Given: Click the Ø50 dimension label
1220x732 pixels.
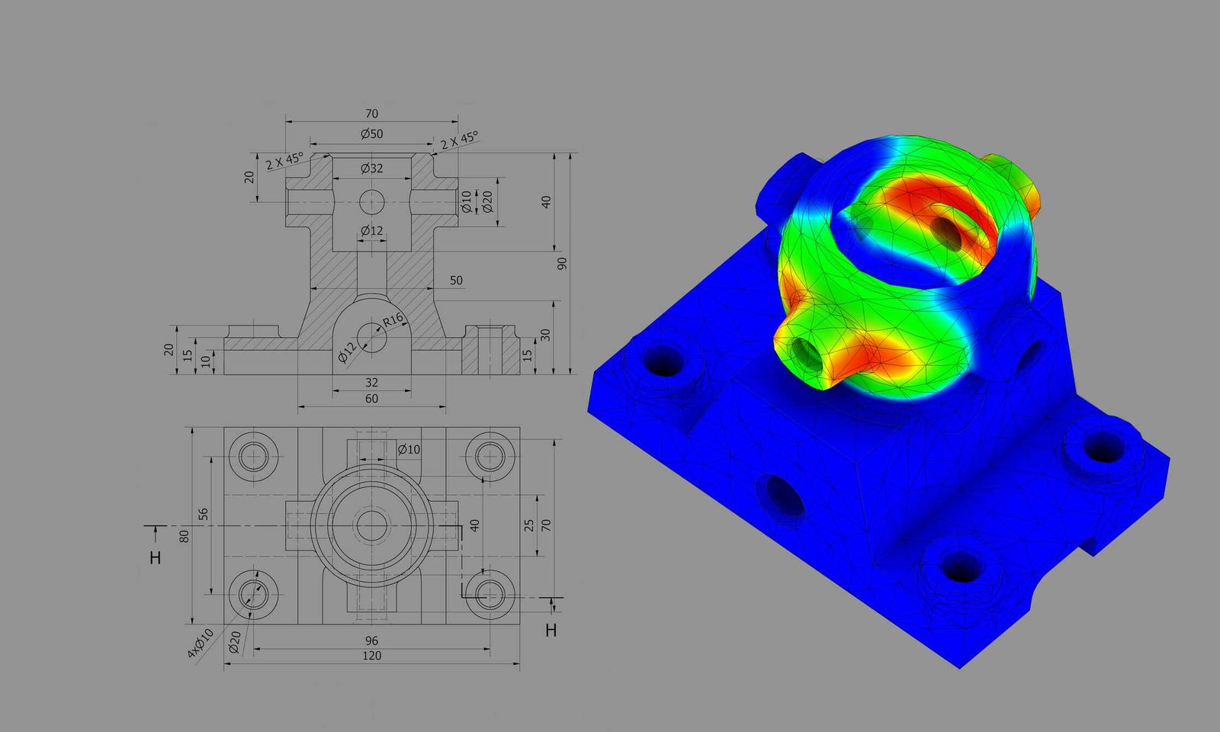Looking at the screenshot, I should (371, 134).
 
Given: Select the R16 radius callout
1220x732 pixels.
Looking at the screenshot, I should (393, 320).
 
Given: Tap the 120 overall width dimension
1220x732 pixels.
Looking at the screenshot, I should (371, 656).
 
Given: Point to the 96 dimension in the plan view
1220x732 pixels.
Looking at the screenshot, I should (371, 640).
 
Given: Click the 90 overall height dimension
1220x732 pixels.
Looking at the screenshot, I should (562, 263).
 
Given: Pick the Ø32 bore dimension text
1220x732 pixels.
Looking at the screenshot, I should (371, 169).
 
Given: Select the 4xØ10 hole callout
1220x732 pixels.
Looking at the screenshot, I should (200, 644).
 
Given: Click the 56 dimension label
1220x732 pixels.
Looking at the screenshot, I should (204, 515).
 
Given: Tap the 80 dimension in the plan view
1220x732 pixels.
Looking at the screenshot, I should (184, 536).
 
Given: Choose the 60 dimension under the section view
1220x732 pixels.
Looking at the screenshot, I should (371, 399).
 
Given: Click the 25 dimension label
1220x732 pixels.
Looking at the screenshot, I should (529, 525).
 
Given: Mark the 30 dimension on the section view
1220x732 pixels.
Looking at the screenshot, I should (545, 335).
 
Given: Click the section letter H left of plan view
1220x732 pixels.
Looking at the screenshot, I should (156, 558).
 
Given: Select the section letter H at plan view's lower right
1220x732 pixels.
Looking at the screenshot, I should (551, 631).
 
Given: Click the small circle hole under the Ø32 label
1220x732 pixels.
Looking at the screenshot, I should (371, 202).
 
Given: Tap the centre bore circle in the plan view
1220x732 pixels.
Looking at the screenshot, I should (371, 526).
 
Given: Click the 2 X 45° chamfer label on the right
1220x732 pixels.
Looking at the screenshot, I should (459, 140).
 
